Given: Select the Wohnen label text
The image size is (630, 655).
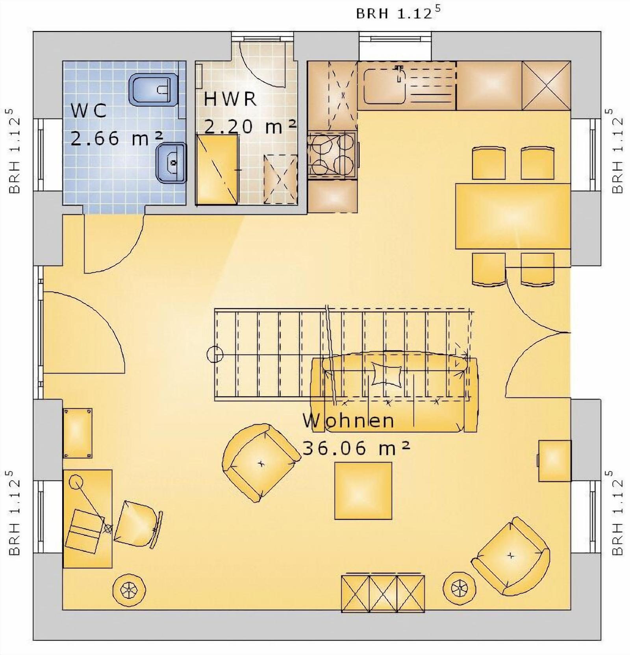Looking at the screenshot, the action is point(348,420).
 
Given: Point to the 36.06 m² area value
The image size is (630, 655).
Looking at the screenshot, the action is point(357,448).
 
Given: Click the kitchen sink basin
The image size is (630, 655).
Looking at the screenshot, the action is point(384,86).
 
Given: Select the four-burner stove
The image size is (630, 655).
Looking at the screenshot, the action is point(332,155).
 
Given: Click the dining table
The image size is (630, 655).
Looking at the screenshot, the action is point(513,216).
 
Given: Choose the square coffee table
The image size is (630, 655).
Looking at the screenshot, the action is point(363,490).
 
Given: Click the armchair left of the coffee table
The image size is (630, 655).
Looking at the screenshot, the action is point(260,463).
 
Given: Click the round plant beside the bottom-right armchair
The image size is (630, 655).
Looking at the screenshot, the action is point(459,588).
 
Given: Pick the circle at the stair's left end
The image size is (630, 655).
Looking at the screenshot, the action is point(215,354).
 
